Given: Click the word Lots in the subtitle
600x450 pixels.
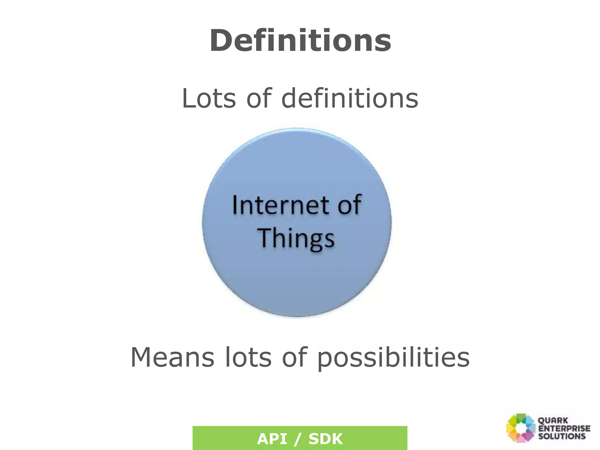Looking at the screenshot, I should tap(209, 98).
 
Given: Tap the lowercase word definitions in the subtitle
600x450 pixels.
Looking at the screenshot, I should tap(350, 98).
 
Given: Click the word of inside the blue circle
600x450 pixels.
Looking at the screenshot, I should tap(349, 205).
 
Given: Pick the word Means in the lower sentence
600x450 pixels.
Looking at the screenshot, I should tap(172, 357).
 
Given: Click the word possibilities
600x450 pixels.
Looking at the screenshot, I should tap(393, 358).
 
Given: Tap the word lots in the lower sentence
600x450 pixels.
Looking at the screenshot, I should tap(248, 357).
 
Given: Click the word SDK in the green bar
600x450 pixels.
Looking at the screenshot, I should tap(325, 439).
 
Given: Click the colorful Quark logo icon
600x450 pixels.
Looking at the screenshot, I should tap(520, 428).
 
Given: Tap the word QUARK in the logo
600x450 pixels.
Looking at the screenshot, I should tap(553, 421).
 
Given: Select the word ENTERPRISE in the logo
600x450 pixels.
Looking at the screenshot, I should tap(564, 428).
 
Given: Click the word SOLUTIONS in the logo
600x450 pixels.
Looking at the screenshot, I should tap(562, 436).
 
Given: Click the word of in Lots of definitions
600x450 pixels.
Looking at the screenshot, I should tap(259, 98).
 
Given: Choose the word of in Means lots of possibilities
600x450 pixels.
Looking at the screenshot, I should tap(294, 357).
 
